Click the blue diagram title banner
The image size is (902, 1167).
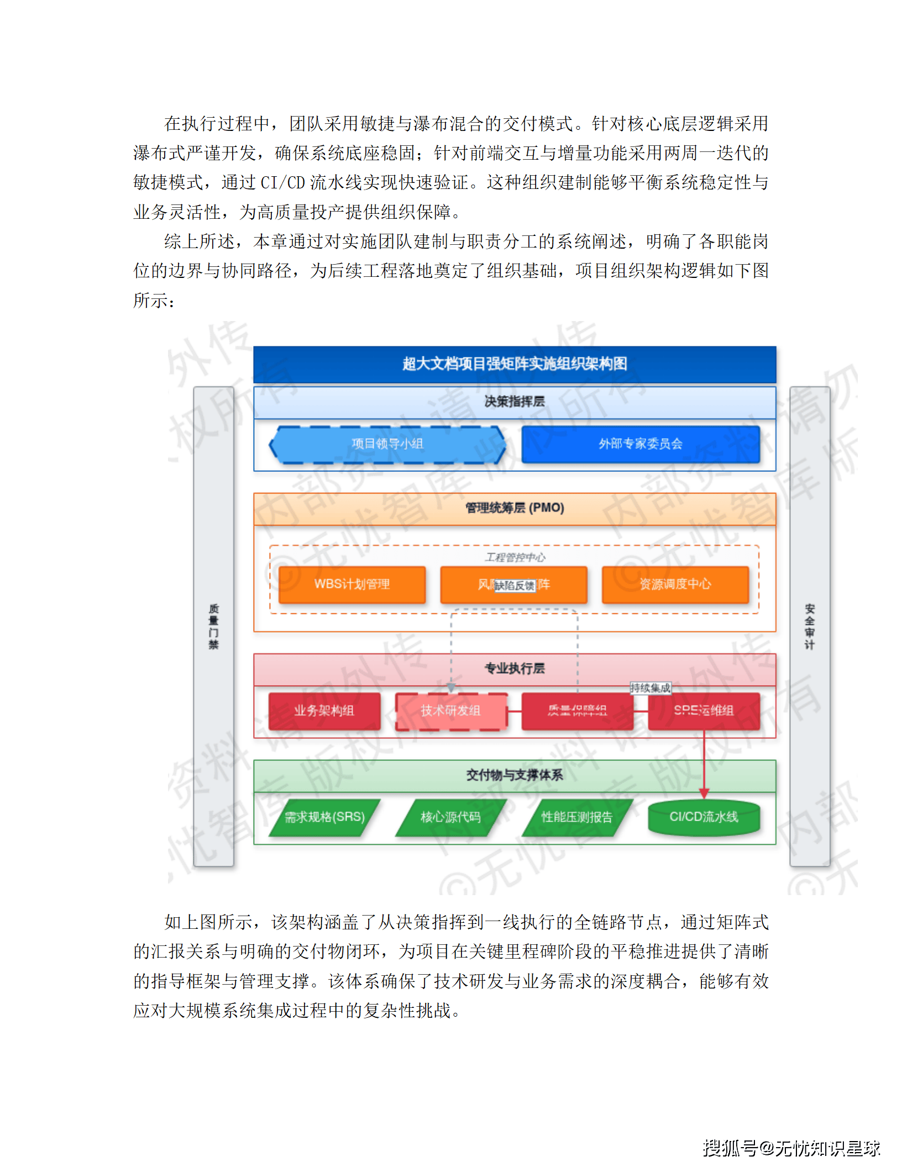pyautogui.click(x=514, y=364)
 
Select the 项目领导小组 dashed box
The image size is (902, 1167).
pyautogui.click(x=387, y=444)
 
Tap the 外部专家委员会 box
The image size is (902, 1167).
pyautogui.click(x=640, y=444)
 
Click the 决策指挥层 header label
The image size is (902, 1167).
pyautogui.click(x=514, y=402)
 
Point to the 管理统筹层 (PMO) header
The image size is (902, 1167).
pyautogui.click(x=514, y=508)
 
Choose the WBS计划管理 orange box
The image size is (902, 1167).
pyautogui.click(x=352, y=584)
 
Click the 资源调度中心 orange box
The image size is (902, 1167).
pyautogui.click(x=675, y=584)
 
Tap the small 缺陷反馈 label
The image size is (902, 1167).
pyautogui.click(x=515, y=586)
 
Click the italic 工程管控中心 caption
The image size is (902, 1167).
pyautogui.click(x=515, y=557)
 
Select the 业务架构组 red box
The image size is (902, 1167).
pyautogui.click(x=324, y=711)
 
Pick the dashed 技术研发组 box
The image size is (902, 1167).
pyautogui.click(x=450, y=711)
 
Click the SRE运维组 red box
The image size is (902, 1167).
pyautogui.click(x=704, y=711)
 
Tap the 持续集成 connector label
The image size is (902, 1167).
pyautogui.click(x=651, y=688)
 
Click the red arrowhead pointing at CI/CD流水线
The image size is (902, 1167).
pyautogui.click(x=704, y=793)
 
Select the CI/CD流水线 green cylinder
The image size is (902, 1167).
pyautogui.click(x=704, y=817)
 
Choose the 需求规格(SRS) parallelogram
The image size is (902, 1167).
pyautogui.click(x=324, y=817)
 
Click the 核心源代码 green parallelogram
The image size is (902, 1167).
pyautogui.click(x=450, y=817)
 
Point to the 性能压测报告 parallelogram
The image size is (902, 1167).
pyautogui.click(x=576, y=817)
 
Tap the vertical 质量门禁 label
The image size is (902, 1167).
pyautogui.click(x=214, y=627)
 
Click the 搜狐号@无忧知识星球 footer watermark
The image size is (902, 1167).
pyautogui.click(x=791, y=1148)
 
